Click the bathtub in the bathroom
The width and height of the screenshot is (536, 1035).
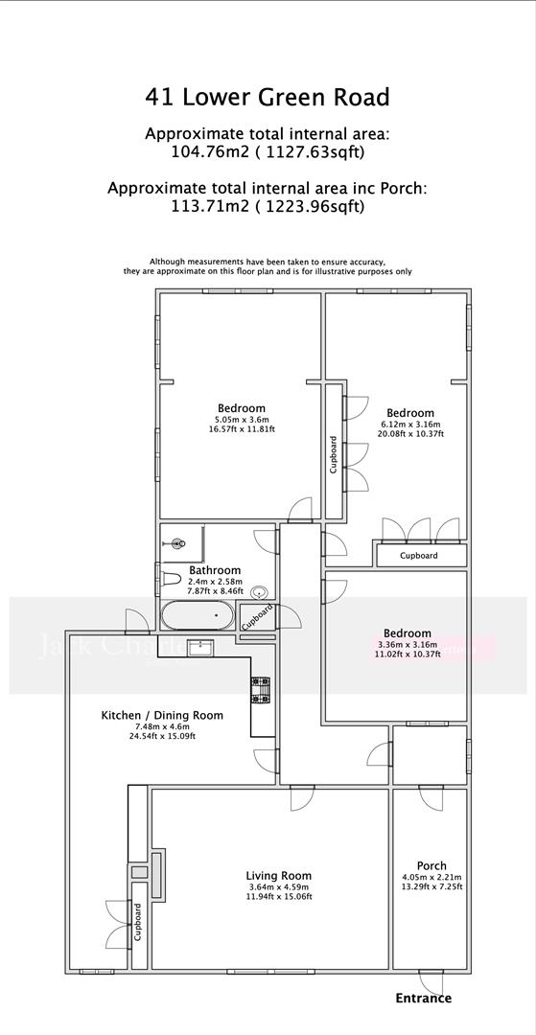198,613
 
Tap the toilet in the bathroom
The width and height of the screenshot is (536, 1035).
171,578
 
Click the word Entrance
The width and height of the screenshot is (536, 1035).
423,998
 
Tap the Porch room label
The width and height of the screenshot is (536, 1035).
431,865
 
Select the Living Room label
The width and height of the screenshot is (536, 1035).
279,875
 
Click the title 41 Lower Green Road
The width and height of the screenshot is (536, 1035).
268,97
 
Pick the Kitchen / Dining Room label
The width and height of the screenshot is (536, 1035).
162,715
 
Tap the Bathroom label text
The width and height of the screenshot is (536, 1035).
215,570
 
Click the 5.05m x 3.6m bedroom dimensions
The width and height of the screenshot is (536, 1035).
241,419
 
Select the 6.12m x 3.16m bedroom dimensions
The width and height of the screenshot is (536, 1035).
412,424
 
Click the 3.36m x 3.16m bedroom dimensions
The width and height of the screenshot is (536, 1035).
408,645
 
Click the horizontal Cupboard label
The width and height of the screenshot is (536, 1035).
418,556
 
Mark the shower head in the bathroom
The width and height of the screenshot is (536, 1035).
176,543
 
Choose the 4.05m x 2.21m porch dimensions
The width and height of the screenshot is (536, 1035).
431,877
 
